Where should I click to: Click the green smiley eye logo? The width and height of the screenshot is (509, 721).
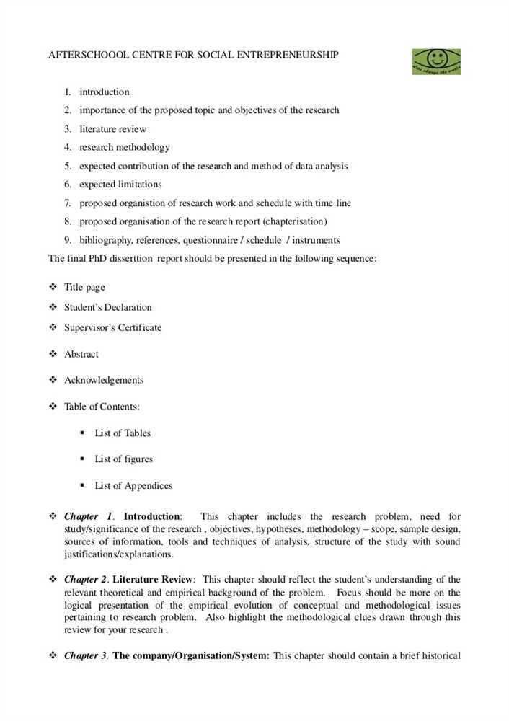pyautogui.click(x=435, y=62)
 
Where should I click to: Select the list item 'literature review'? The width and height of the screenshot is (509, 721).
pyautogui.click(x=112, y=129)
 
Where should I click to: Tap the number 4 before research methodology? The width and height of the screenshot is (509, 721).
pyautogui.click(x=67, y=147)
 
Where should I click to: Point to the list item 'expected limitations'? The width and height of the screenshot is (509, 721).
pyautogui.click(x=120, y=185)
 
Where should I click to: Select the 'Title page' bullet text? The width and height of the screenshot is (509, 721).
pyautogui.click(x=84, y=287)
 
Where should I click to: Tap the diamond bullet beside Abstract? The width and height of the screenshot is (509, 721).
pyautogui.click(x=53, y=354)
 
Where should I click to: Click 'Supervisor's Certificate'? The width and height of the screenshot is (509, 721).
pyautogui.click(x=112, y=327)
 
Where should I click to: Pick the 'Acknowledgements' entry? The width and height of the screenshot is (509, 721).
pyautogui.click(x=104, y=380)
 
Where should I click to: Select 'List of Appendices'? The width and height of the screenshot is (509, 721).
pyautogui.click(x=133, y=485)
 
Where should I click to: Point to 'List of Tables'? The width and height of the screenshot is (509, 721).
pyautogui.click(x=123, y=433)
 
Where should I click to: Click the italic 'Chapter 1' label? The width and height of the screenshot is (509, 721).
pyautogui.click(x=88, y=516)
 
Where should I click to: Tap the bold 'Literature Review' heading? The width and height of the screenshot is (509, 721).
pyautogui.click(x=153, y=579)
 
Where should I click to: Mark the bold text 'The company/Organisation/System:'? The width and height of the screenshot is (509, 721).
pyautogui.click(x=191, y=655)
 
